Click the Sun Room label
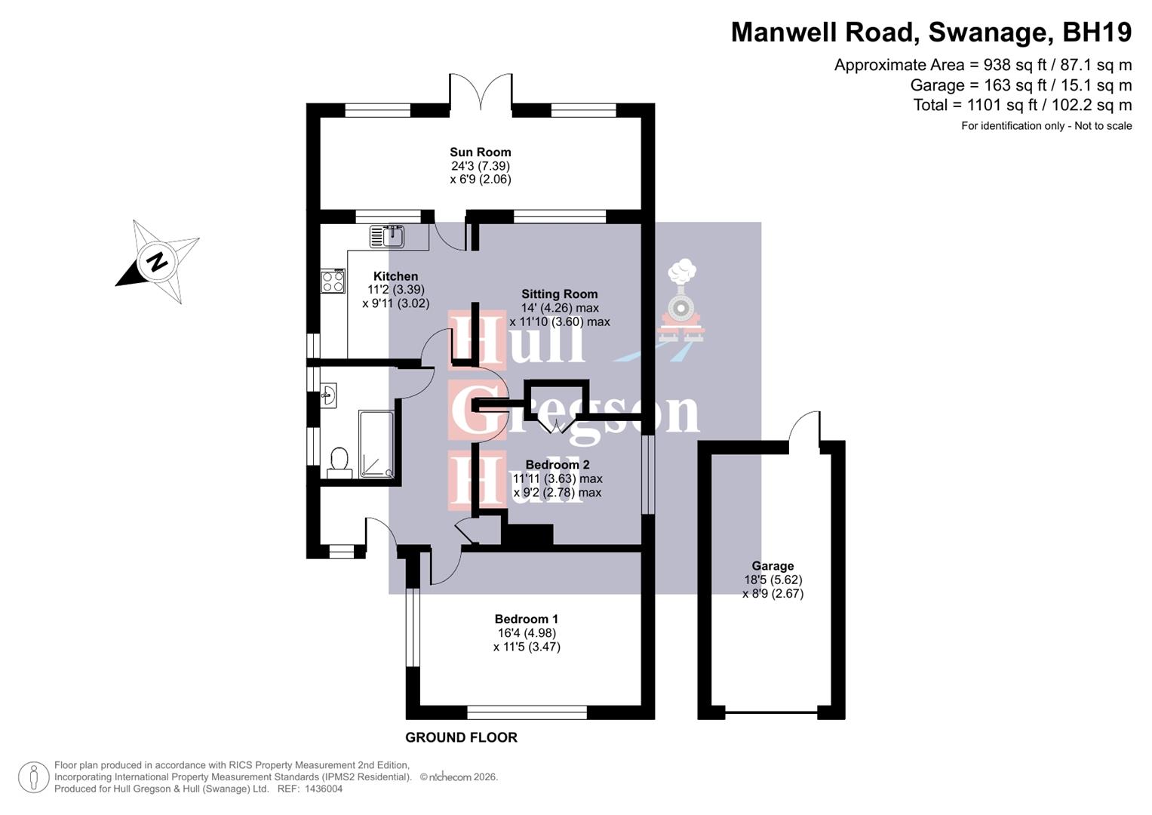pos(480,152)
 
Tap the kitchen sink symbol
pos(387,236)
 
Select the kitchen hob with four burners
pos(333,281)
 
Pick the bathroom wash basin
pos(328,395)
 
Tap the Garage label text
pos(773,566)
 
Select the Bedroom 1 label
pos(526,619)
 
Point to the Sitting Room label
pos(559,294)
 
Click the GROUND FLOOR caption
pos(461,737)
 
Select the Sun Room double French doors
pos(481,92)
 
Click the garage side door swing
pos(805,428)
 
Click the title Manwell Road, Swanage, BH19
pos(931,32)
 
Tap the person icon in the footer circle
pos(33,777)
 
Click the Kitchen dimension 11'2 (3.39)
pos(395,290)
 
